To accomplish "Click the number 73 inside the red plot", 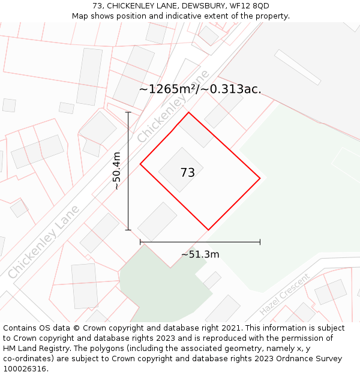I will [x=187, y=173].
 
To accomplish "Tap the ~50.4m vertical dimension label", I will [x=116, y=171].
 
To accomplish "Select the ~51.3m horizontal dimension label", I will [x=200, y=254].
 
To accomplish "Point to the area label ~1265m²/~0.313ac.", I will [x=200, y=89].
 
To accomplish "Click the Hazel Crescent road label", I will [x=285, y=294].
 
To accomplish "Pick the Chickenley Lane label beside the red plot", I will [x=173, y=106].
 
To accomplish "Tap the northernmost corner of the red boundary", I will [x=189, y=112].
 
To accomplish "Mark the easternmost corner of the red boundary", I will [x=260, y=178].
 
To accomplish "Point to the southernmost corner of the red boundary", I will [x=209, y=230].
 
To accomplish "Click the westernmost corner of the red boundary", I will [x=140, y=164].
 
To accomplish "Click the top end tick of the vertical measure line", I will [x=128, y=112].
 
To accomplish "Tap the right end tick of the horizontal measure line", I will [x=260, y=242].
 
